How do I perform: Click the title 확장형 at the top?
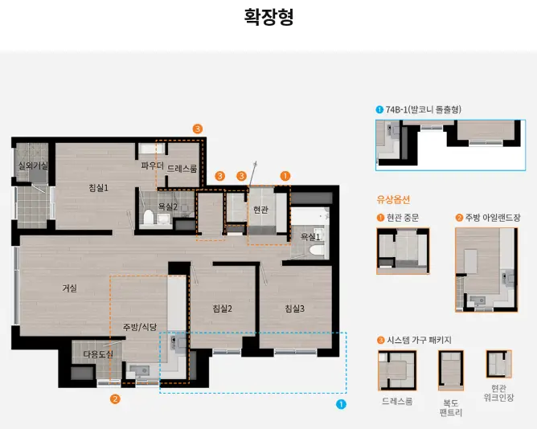(268, 17)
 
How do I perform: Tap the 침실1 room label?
(98, 188)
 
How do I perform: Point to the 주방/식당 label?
(139, 327)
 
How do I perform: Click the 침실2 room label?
(222, 308)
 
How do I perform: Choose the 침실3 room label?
(293, 308)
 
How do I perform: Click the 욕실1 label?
(310, 237)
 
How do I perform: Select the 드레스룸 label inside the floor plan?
(182, 169)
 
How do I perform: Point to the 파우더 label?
(152, 165)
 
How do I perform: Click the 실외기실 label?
(33, 165)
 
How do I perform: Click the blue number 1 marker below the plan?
(341, 405)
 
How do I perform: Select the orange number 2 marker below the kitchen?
(115, 398)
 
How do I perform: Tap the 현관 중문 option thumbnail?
(403, 251)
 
